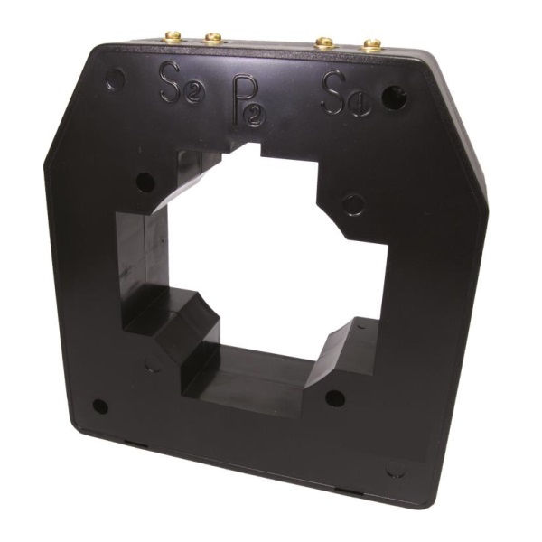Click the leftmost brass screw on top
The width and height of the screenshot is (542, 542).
[x=173, y=36]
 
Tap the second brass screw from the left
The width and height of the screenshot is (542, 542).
[x=213, y=38]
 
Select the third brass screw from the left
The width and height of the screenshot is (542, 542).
[x=324, y=42]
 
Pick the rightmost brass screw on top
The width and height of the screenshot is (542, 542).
[x=371, y=45]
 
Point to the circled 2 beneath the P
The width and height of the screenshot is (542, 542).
[x=256, y=117]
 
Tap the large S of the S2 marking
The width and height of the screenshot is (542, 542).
[x=171, y=81]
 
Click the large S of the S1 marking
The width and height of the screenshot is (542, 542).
[x=333, y=92]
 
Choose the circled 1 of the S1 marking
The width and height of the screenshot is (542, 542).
[x=360, y=104]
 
